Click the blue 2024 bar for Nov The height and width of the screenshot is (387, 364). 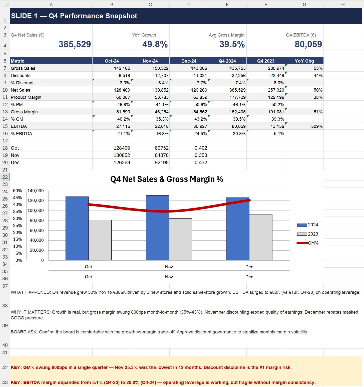coord(157,228)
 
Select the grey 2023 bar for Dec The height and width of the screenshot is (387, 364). coord(261,237)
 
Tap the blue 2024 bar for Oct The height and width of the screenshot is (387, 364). coord(77,228)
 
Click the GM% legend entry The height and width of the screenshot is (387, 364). coord(307,243)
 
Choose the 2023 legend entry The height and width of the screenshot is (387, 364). coord(307,234)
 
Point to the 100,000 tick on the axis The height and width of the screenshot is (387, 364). coord(36,211)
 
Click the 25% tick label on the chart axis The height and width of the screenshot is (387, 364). coord(18,225)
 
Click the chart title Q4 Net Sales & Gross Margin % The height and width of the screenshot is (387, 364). coord(167,179)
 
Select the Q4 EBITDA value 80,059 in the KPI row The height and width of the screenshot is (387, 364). coord(308,44)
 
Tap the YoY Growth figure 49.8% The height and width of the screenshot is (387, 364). coord(155,44)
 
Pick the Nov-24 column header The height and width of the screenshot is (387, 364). coord(150,61)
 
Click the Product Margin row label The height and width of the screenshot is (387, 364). coord(26,97)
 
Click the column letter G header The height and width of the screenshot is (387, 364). coord(304,4)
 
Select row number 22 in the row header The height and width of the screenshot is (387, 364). coord(5,177)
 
